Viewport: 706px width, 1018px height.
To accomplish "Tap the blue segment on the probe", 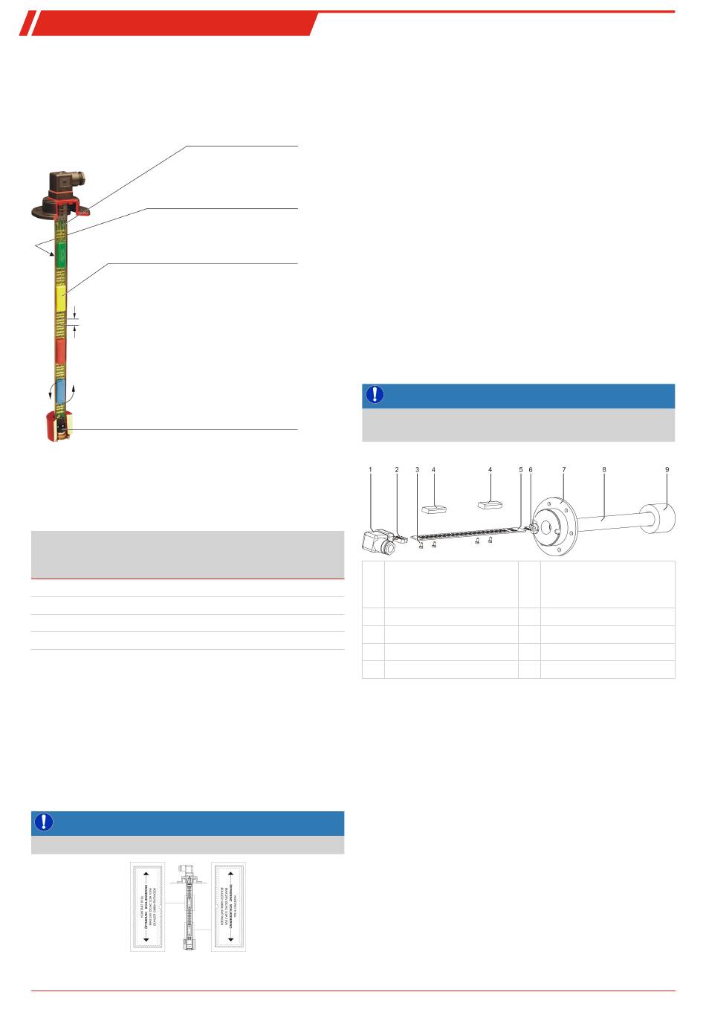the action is click(61, 391).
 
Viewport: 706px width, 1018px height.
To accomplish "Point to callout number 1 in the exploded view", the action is click(370, 470).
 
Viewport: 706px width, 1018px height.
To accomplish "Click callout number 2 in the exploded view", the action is click(397, 470).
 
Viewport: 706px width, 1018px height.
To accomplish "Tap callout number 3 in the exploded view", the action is click(418, 470).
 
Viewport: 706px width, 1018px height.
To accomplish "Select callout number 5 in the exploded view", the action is click(521, 470).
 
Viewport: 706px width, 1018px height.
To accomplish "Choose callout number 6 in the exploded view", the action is click(531, 470).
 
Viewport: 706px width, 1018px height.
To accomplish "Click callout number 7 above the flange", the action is click(564, 470).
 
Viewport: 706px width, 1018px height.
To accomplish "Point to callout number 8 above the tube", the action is click(604, 470).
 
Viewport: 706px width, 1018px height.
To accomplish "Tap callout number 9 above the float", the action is click(667, 470).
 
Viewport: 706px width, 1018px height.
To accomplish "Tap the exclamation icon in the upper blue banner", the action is click(375, 395).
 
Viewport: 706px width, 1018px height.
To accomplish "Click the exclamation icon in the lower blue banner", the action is click(44, 822).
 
